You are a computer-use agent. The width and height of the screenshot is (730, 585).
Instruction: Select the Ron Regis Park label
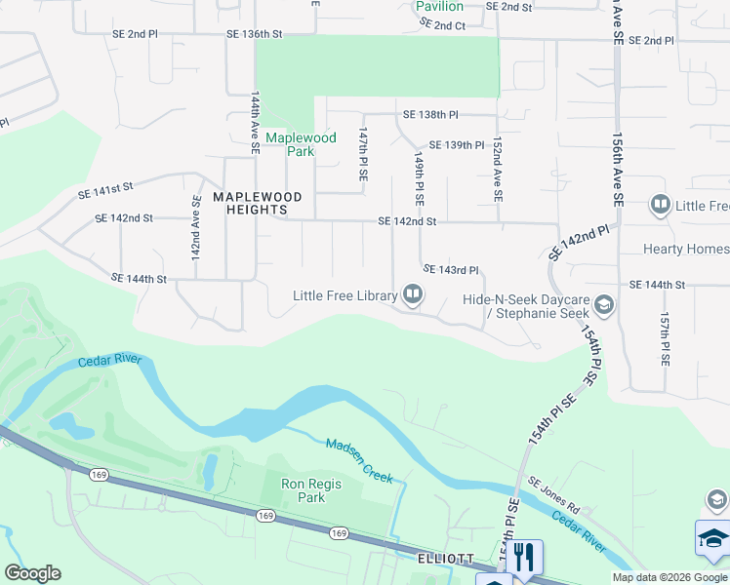coord(303,489)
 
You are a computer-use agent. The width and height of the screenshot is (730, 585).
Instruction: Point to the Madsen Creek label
coord(359,459)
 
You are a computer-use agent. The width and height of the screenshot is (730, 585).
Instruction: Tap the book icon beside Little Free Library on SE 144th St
coord(413,294)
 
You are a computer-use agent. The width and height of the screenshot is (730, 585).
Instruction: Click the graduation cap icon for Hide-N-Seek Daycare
coord(603,306)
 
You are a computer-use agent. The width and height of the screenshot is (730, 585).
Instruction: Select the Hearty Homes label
coord(685,249)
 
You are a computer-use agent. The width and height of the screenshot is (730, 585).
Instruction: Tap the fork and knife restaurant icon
coord(525,557)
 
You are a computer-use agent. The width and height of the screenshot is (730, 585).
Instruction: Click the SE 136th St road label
coord(254,33)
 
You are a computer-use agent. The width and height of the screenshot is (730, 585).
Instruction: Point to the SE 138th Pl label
coord(430,115)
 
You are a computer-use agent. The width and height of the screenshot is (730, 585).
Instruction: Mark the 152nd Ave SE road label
coord(497,169)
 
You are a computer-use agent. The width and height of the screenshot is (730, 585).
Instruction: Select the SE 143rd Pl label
coord(450,269)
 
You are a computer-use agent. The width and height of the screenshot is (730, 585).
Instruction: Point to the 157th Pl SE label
coord(664,338)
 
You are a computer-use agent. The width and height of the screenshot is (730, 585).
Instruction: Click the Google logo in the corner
coord(32,573)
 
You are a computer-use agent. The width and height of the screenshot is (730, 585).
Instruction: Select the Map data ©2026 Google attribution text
coord(669,577)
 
